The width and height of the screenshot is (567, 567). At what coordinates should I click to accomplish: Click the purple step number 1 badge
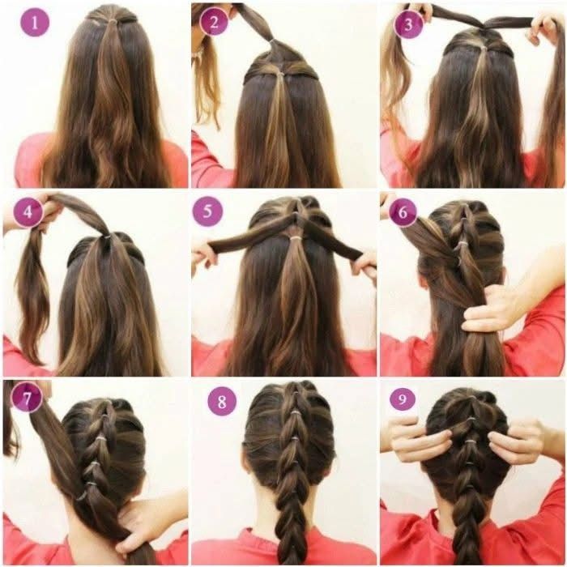point(35,23)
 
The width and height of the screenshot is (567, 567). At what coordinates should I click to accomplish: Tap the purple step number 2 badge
point(214,22)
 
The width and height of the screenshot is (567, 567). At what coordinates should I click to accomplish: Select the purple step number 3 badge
point(408,24)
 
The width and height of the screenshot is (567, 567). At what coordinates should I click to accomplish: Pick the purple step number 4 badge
point(28,212)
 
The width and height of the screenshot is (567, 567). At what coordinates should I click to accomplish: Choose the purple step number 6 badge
point(403,212)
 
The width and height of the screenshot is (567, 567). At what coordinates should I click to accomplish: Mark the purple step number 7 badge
point(27,398)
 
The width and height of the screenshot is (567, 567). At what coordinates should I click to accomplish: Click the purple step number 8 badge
point(222,401)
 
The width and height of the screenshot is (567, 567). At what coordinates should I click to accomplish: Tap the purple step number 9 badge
point(403,399)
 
